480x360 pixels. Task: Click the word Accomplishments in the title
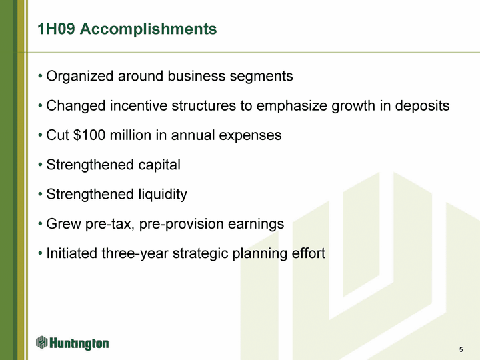(x=148, y=29)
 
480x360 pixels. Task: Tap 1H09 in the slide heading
(x=56, y=29)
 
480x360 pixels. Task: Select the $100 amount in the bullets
(x=89, y=135)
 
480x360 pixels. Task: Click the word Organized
(x=79, y=77)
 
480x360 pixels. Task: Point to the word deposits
(x=422, y=106)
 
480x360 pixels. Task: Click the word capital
(x=159, y=165)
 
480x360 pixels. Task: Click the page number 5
(x=461, y=349)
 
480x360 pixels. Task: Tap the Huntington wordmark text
(x=79, y=343)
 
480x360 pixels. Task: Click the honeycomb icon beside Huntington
(x=41, y=342)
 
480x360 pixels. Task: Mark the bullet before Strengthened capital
(x=40, y=165)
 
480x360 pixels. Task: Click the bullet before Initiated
(x=40, y=253)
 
